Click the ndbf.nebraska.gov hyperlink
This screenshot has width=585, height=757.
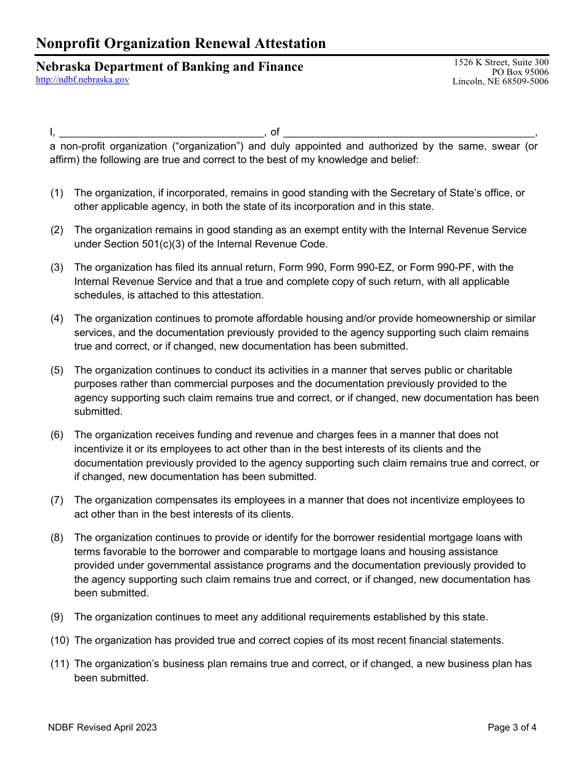[x=83, y=80]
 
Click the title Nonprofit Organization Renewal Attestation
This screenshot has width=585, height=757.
[x=181, y=43]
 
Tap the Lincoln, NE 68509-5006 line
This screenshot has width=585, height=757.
[x=500, y=82]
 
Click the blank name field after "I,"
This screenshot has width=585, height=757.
[x=162, y=132]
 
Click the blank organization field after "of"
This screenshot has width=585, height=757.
[x=409, y=132]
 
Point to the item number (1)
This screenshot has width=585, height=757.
[x=57, y=193]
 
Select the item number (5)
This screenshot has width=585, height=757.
[x=57, y=370]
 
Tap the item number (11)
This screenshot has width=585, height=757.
[x=59, y=664]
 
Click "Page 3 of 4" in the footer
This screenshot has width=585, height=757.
[x=512, y=727]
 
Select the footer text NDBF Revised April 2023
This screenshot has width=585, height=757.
[x=103, y=727]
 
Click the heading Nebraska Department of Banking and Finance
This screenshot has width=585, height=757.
[x=169, y=66]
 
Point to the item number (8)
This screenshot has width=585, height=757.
[x=57, y=538]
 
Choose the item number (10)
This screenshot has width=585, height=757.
[x=59, y=641]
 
